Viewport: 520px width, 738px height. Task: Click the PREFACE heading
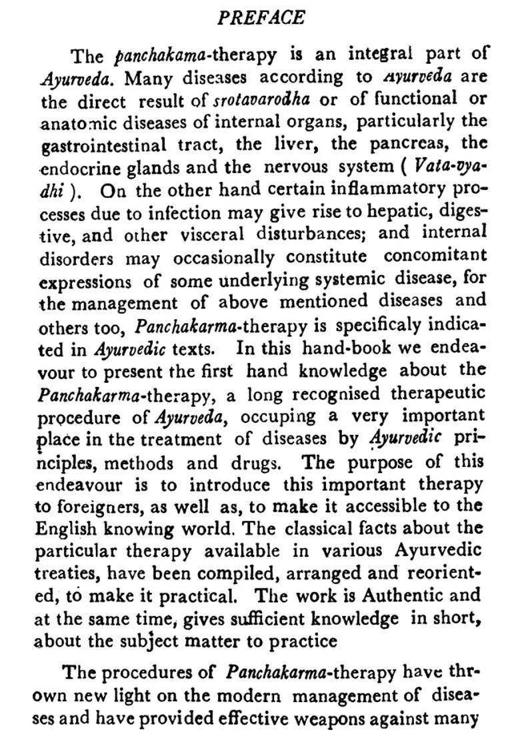261,18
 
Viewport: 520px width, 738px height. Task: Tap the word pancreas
397,144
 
